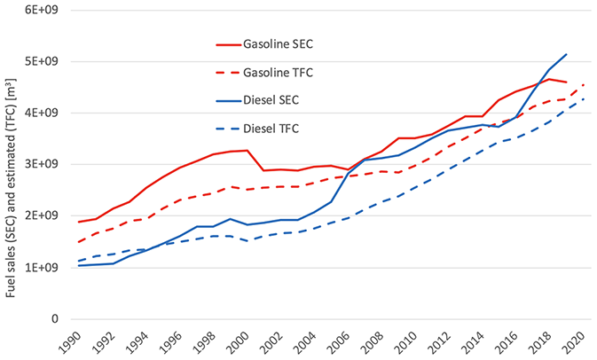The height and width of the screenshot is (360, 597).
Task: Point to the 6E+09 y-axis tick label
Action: click(42, 10)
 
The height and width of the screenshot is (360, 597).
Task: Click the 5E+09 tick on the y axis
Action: click(42, 61)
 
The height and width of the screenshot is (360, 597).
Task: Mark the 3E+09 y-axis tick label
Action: click(42, 165)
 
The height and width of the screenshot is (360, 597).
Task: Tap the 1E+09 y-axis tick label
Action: click(42, 268)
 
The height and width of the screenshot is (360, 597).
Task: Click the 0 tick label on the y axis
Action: click(55, 319)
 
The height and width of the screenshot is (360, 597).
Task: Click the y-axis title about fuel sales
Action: click(12, 168)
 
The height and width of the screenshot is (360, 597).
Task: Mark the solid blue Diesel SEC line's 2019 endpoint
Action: click(566, 54)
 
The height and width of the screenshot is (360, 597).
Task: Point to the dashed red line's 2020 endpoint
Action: click(584, 84)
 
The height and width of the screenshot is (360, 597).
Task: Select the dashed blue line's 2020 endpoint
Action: click(584, 98)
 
